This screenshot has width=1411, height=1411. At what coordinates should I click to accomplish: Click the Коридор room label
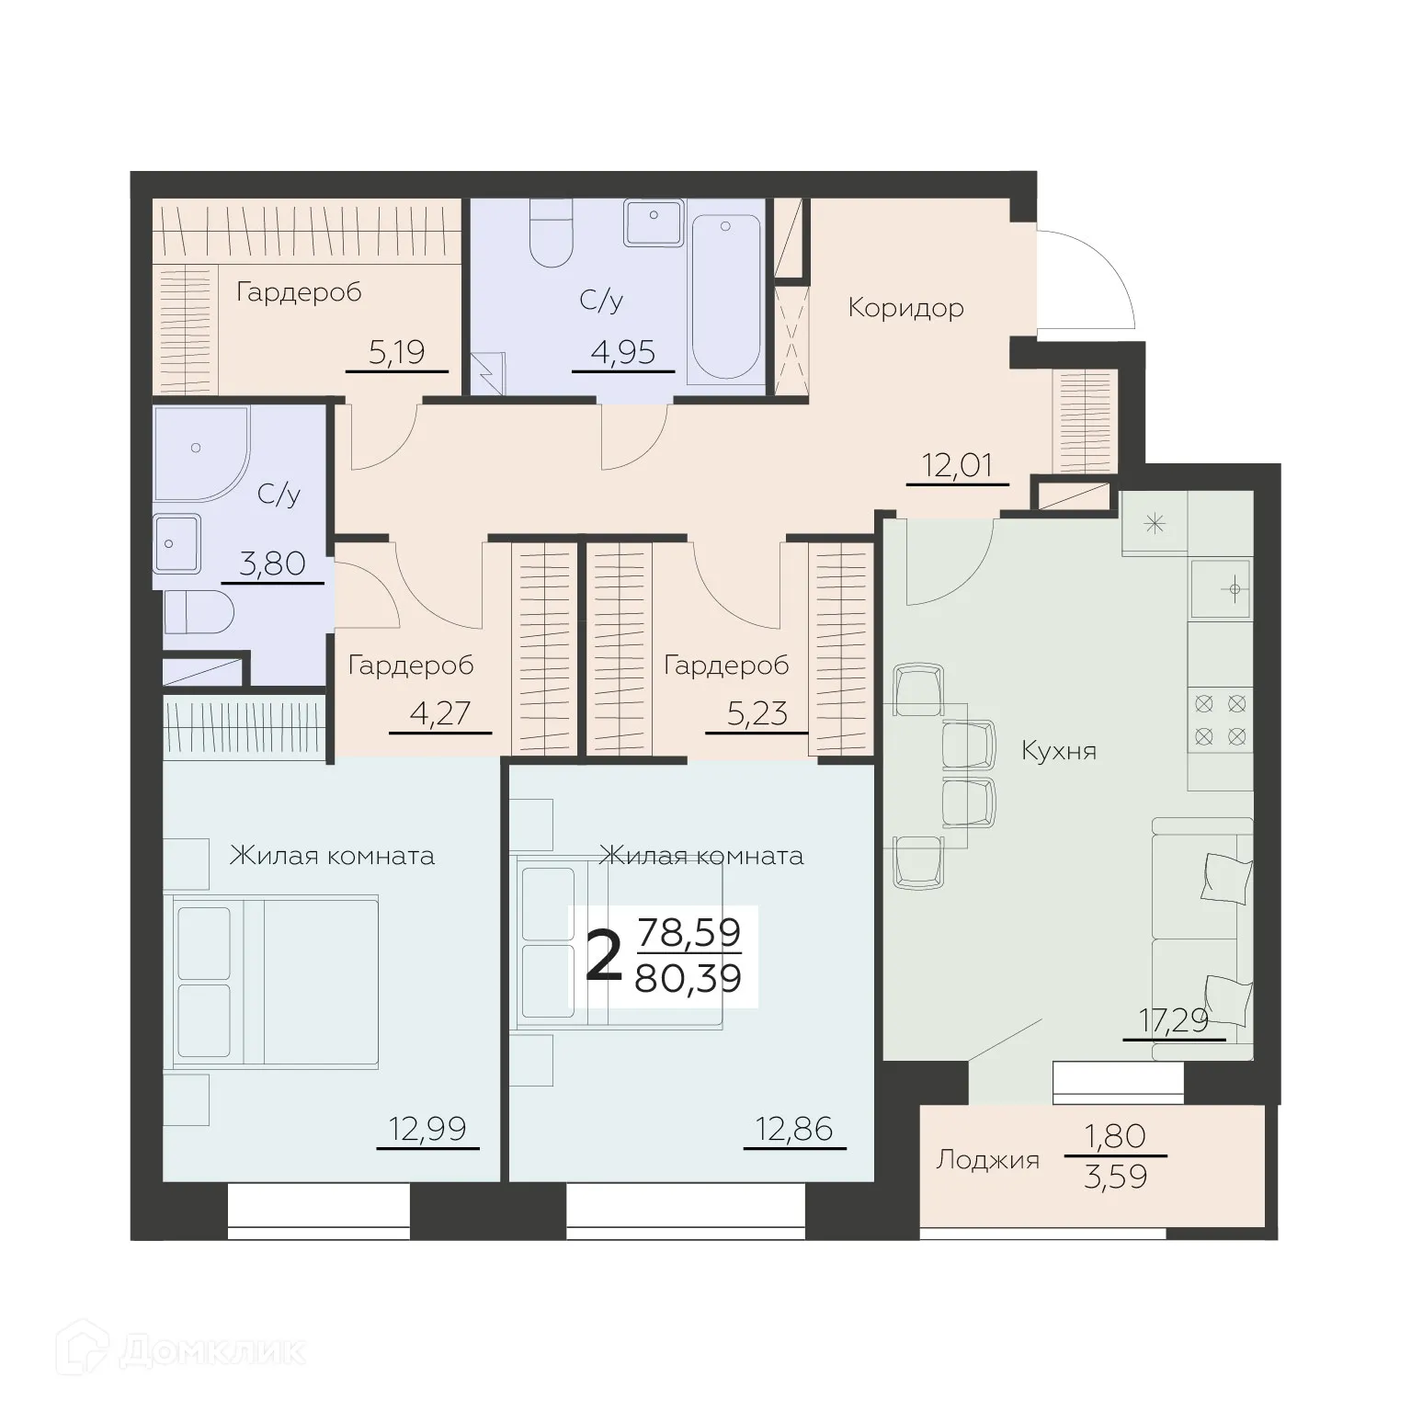(x=905, y=307)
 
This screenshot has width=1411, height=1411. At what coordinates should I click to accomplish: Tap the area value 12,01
(x=957, y=466)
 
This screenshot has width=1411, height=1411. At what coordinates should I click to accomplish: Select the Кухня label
(x=1059, y=751)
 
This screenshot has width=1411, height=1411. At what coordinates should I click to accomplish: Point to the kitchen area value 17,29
(x=1174, y=1020)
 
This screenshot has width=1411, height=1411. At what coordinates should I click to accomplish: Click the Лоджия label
(x=987, y=1160)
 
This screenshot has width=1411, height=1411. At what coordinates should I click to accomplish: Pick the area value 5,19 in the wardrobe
(x=396, y=352)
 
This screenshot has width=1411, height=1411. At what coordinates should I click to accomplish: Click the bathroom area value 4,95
(x=622, y=352)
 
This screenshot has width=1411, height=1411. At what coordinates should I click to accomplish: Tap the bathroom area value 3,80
(x=272, y=563)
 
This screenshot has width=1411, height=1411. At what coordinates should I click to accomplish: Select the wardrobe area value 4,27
(x=439, y=713)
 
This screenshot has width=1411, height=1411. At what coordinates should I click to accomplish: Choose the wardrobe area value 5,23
(x=757, y=713)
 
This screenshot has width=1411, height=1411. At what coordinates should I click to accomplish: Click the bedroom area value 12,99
(x=427, y=1128)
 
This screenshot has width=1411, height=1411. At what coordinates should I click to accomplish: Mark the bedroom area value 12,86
(x=793, y=1128)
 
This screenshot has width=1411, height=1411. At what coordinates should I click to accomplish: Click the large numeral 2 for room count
(x=604, y=957)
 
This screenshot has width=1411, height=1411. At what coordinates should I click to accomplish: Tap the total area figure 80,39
(x=688, y=979)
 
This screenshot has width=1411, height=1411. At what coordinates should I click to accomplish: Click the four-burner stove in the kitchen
(x=1220, y=720)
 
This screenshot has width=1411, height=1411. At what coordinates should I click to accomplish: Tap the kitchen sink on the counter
(x=1221, y=588)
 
